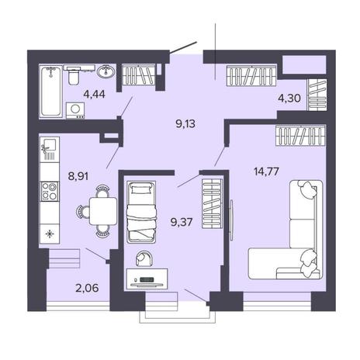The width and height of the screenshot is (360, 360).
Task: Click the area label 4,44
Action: coord(94,94)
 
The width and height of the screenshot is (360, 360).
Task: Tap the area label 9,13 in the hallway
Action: coord(185,124)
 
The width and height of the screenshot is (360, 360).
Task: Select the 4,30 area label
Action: coord(289,99)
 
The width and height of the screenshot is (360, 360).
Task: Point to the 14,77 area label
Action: coord(266,171)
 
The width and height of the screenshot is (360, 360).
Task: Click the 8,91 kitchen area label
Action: coord(78,176)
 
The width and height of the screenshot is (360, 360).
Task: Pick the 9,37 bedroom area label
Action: coord(182,222)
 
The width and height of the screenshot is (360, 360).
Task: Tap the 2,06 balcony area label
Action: coord(87,288)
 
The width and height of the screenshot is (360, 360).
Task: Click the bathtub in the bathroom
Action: coord(51,92)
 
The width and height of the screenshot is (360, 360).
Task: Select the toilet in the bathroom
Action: coord(74,74)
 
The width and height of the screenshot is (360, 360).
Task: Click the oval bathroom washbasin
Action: coord(106,71)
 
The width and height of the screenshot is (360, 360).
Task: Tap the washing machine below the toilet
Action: coord(75,110)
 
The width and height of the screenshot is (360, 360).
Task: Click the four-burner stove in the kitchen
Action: coord(50,192)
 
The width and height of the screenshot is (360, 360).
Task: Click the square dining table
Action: coord(103,211)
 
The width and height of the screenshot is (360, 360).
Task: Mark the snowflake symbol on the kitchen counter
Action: coord(49,234)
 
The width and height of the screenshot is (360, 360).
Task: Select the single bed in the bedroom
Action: coord(141,212)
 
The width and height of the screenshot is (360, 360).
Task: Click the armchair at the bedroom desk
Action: coord(144,258)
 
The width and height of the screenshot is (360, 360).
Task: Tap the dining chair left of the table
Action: coord(83,212)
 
